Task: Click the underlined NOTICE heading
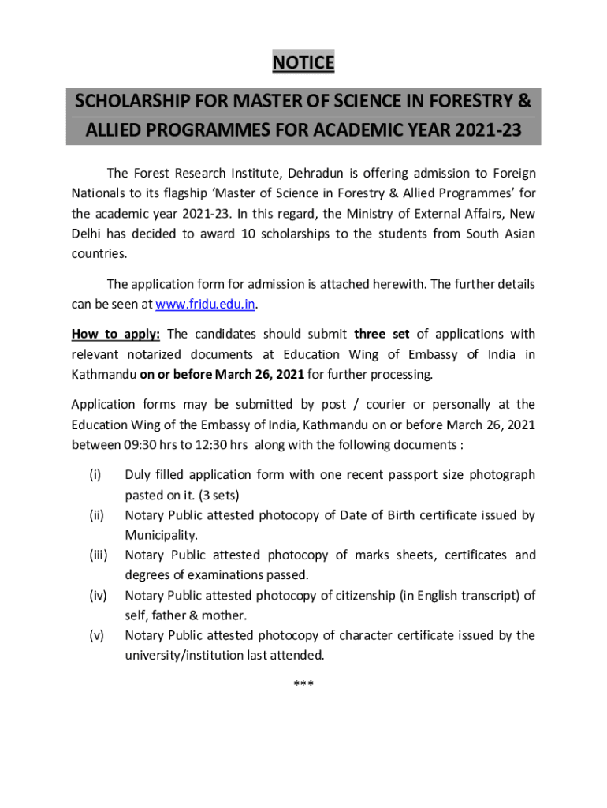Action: point(303,62)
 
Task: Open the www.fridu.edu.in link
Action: point(207,304)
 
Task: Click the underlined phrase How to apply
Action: point(116,334)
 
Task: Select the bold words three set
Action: point(382,334)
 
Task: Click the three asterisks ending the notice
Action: point(303,683)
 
